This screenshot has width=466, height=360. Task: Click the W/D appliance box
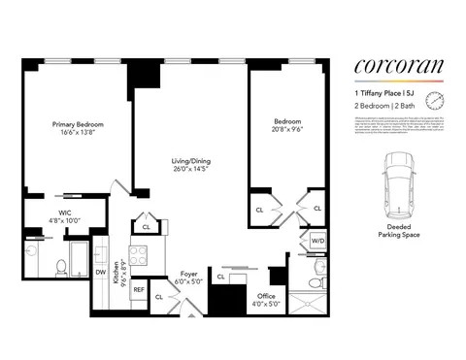point(317,241)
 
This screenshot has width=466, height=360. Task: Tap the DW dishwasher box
point(100,273)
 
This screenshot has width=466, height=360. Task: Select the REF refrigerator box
point(138,289)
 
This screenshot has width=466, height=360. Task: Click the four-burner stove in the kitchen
point(139,256)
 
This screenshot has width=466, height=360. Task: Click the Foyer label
point(189,275)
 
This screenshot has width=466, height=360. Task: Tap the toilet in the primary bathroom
point(60,266)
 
